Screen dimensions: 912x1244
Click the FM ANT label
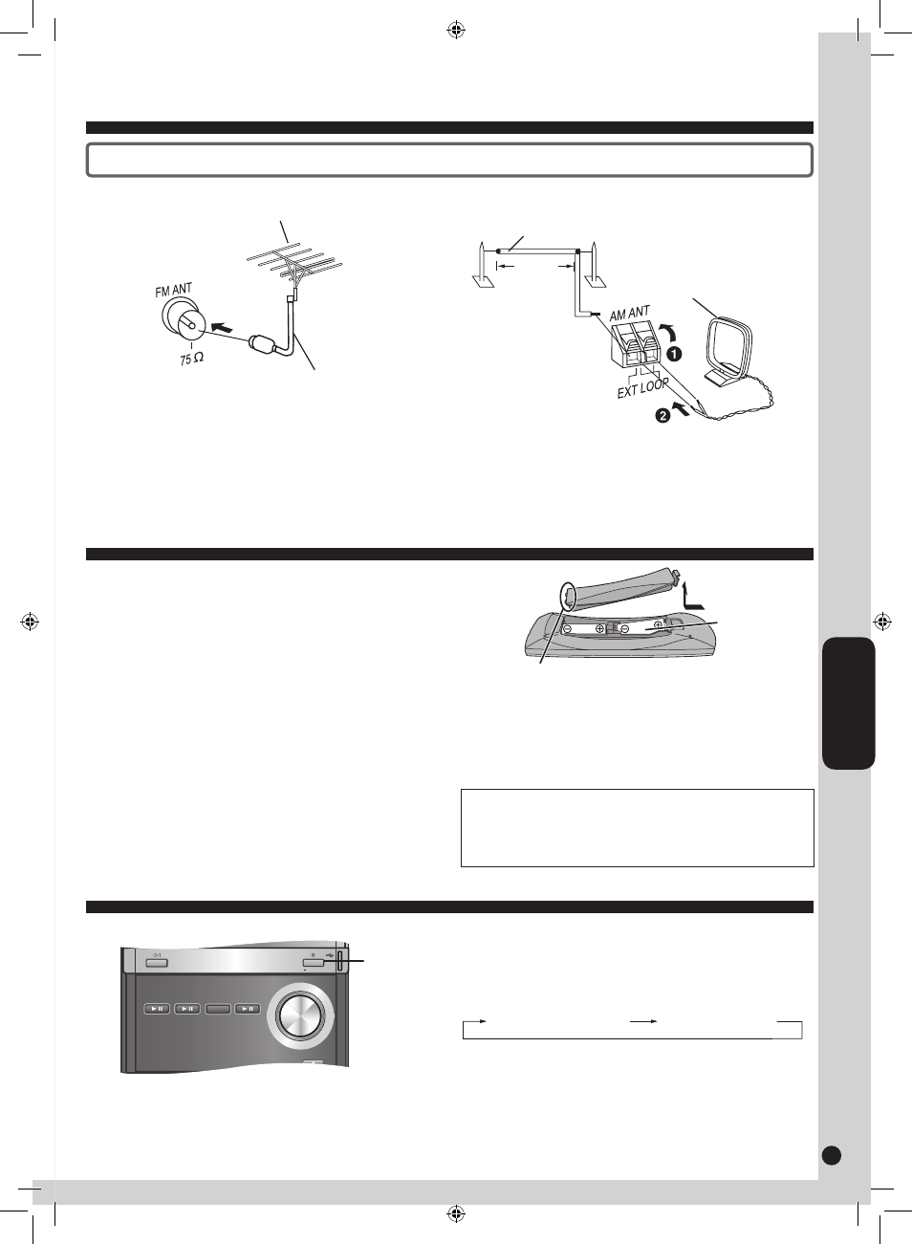(x=174, y=290)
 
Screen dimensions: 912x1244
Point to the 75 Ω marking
(x=191, y=359)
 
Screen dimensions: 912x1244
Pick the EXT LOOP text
(x=642, y=387)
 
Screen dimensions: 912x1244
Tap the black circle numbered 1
(x=674, y=354)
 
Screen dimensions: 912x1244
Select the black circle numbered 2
(x=662, y=415)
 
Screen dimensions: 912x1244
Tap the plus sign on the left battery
(x=600, y=628)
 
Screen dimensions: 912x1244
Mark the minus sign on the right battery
(x=624, y=628)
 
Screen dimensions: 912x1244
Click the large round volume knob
(x=300, y=1015)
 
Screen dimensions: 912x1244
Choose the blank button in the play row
(x=218, y=1009)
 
